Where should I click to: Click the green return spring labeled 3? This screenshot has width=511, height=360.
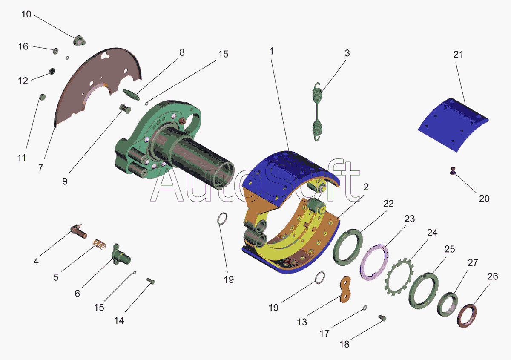317,112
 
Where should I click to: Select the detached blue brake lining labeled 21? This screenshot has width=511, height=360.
453,125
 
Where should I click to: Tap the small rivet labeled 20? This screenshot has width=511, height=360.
453,171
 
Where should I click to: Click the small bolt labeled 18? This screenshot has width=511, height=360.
382,318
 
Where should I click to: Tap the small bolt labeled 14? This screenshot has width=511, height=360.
150,281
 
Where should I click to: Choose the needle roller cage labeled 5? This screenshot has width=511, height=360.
100,244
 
